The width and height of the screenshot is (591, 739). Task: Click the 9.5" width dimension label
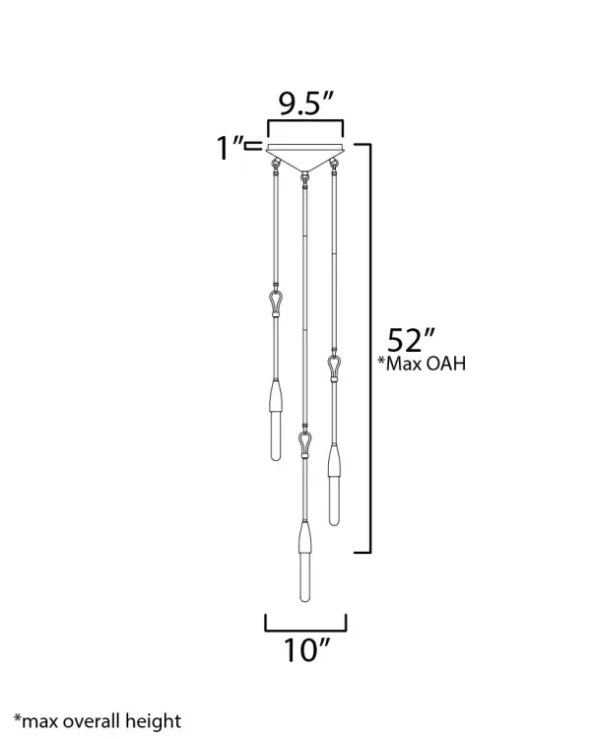pyautogui.click(x=305, y=104)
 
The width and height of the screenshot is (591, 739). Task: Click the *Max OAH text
pyautogui.click(x=422, y=364)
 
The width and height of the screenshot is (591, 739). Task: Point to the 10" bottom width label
pyautogui.click(x=305, y=649)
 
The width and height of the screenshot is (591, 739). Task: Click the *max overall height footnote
pyautogui.click(x=97, y=721)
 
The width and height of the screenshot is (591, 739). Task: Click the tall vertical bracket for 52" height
pyautogui.click(x=368, y=345)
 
